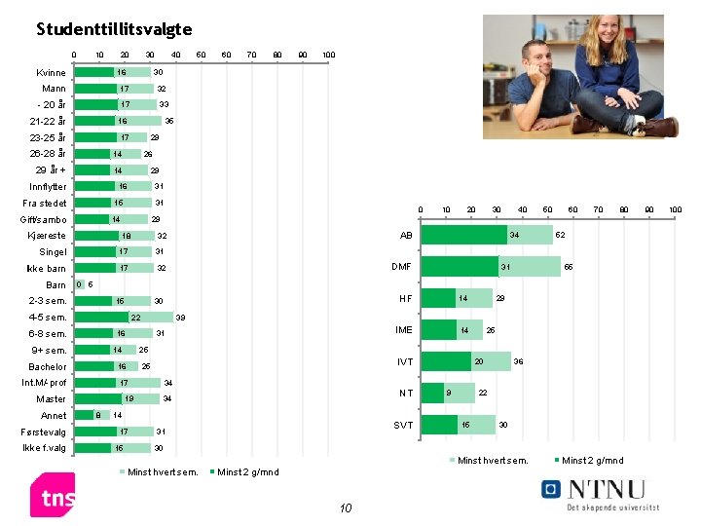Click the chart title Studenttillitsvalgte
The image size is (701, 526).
(x=114, y=29)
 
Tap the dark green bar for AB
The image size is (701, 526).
(x=463, y=235)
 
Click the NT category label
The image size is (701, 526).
(x=406, y=394)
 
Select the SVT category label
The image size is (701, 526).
(x=402, y=426)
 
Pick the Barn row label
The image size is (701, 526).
(x=55, y=285)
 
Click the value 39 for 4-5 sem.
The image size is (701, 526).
(x=180, y=319)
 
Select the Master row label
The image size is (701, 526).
(x=51, y=399)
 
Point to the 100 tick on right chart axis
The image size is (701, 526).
(x=676, y=209)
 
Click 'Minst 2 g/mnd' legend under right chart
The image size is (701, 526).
(x=593, y=460)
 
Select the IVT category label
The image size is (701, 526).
(x=404, y=362)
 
